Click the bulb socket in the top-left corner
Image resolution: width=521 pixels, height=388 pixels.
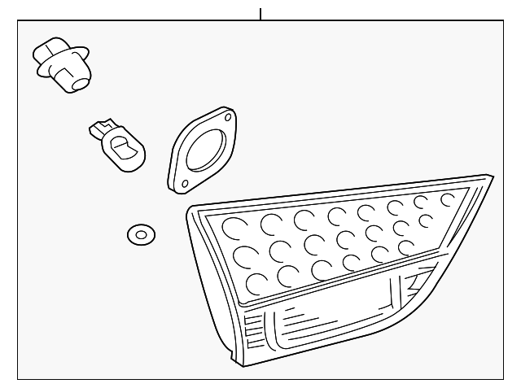tap(63, 63)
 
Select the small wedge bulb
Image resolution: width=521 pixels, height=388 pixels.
tap(118, 145)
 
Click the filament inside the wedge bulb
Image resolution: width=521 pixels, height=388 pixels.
tap(124, 148)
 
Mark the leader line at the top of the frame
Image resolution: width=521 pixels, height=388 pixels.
tap(260, 14)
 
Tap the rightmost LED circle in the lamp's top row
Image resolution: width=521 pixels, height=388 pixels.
tap(449, 198)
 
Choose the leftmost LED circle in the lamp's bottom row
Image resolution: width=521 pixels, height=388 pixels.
tap(255, 283)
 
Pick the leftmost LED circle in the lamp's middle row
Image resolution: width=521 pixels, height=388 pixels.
tap(243, 256)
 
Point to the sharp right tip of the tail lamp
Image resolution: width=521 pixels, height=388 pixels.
tap(491, 177)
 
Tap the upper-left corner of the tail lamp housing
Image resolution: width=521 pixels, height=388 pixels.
tap(192, 211)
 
